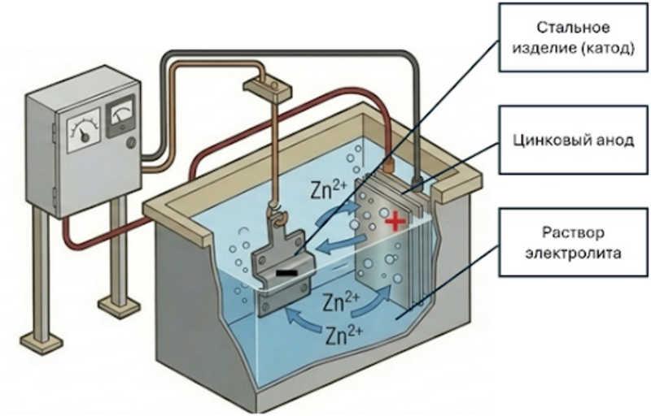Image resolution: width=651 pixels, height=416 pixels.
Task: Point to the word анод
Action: [x=615, y=140]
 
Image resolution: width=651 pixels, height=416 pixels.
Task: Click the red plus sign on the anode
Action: [x=396, y=220]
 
